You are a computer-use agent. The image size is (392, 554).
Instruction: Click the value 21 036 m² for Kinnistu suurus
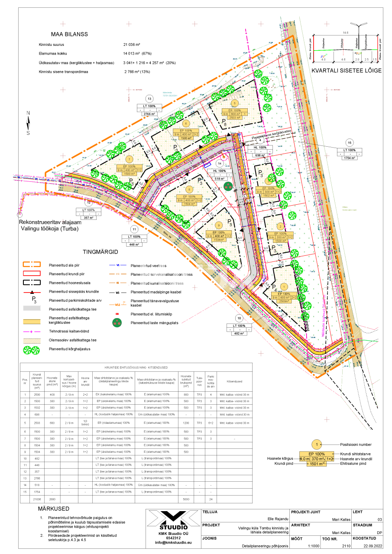click(132, 45)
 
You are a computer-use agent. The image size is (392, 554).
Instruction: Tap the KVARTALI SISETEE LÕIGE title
click(346, 70)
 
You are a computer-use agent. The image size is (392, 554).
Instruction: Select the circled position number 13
click(149, 98)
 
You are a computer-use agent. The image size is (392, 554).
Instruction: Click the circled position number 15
click(350, 142)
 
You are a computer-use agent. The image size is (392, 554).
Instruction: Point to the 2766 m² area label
click(149, 114)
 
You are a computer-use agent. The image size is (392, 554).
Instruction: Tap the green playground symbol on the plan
click(228, 186)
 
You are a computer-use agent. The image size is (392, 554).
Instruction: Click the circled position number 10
click(239, 318)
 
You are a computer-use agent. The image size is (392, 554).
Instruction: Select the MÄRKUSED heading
click(53, 509)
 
